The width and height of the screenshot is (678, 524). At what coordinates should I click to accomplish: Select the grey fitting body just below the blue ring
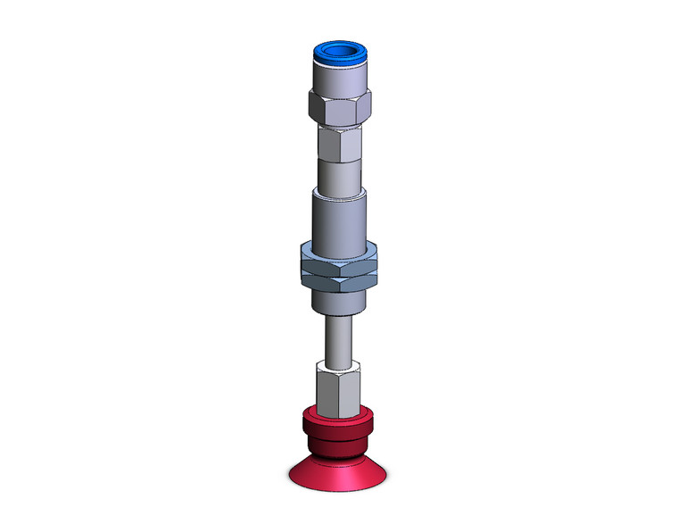[339, 78]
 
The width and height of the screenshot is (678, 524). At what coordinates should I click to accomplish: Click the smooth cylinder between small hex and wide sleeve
[339, 171]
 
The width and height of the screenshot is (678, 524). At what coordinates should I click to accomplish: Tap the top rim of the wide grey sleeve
[339, 190]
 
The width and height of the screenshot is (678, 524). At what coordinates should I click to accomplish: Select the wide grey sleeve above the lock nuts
[339, 219]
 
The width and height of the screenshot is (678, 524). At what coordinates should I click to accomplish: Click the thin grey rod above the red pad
[339, 339]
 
